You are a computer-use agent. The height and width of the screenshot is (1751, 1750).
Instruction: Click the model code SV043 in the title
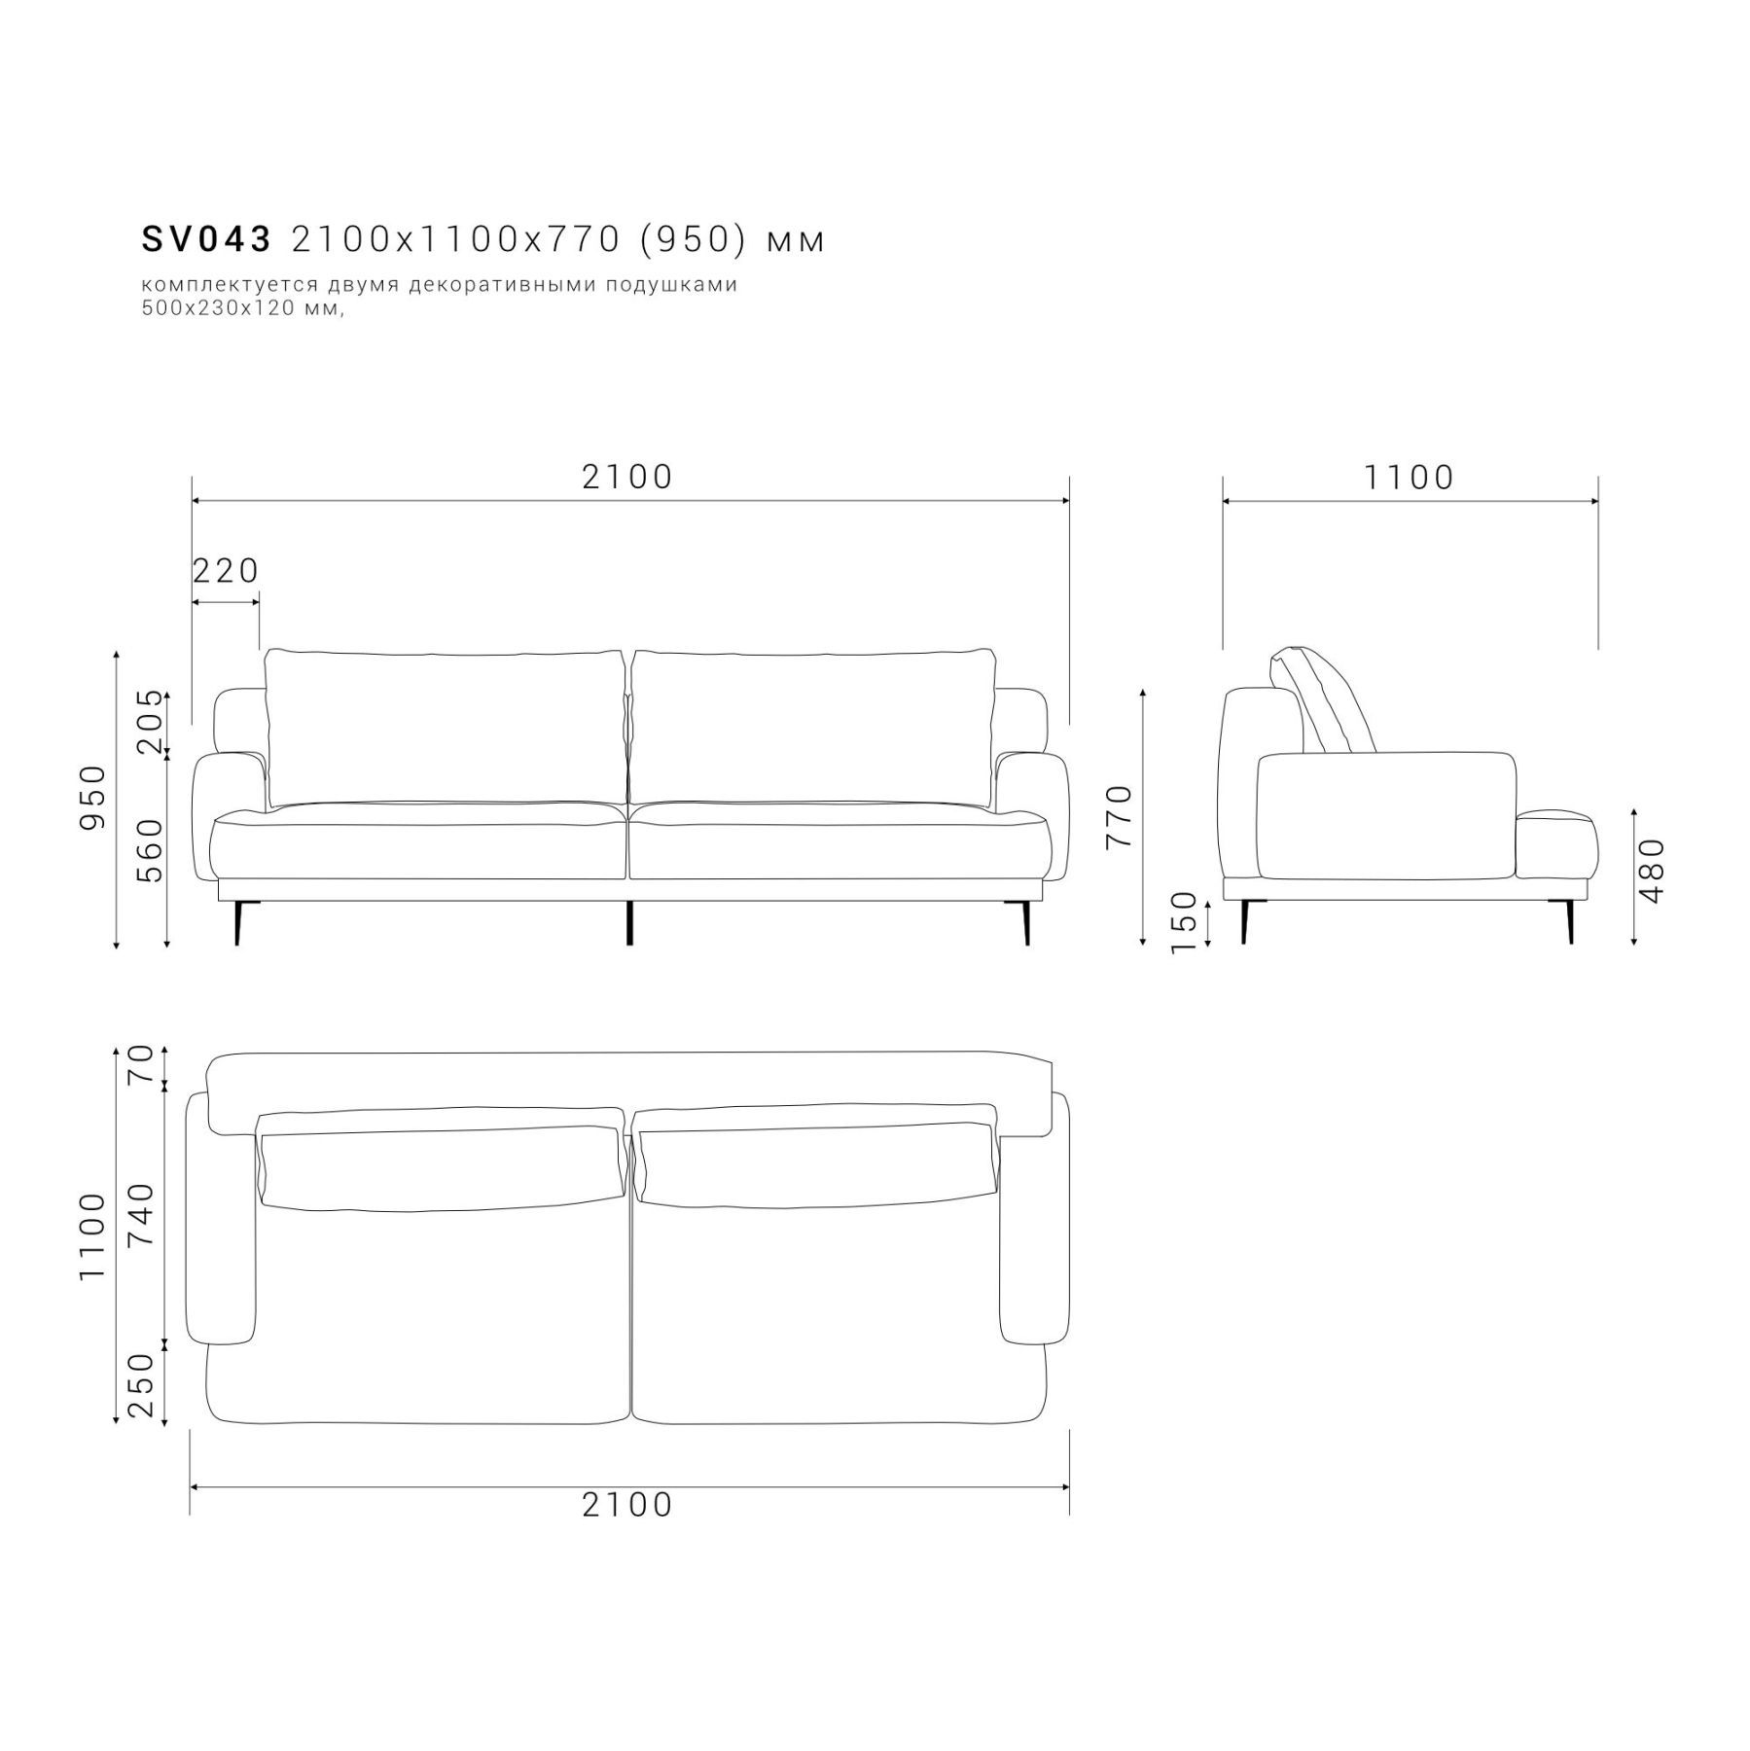pyautogui.click(x=206, y=239)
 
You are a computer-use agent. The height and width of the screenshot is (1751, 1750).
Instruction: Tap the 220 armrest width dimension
pyautogui.click(x=226, y=571)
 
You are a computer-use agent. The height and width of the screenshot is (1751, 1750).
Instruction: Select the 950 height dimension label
pyautogui.click(x=92, y=798)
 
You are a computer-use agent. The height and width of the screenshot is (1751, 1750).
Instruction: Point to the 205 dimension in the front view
pyautogui.click(x=150, y=722)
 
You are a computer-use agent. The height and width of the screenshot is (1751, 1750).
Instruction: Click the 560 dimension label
pyautogui.click(x=150, y=850)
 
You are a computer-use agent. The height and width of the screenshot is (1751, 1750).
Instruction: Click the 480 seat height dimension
pyautogui.click(x=1653, y=870)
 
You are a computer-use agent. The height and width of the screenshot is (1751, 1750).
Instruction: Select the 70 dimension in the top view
pyautogui.click(x=141, y=1065)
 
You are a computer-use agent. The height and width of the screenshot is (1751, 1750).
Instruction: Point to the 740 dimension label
pyautogui.click(x=141, y=1215)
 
